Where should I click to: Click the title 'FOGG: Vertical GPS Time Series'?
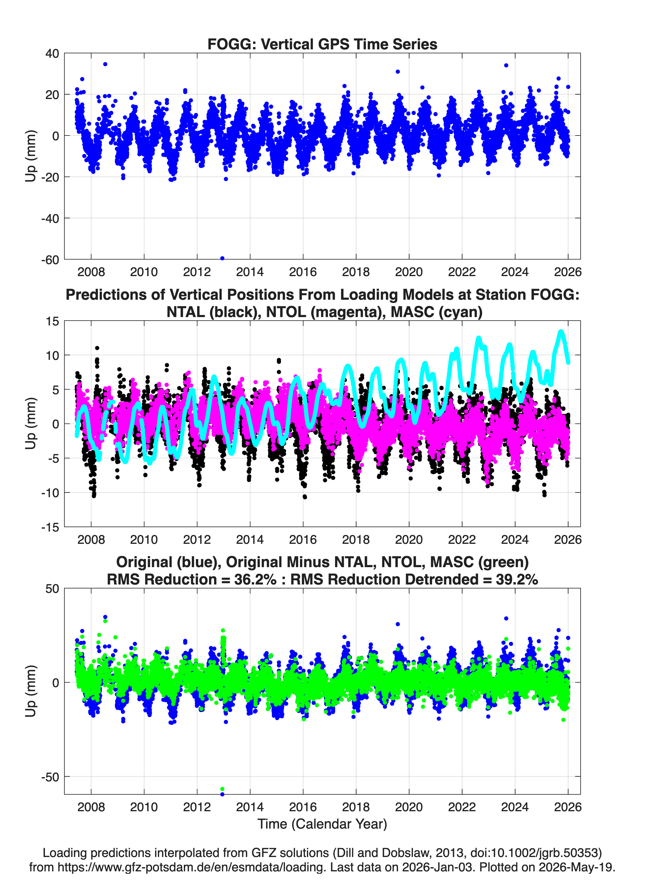click(x=322, y=44)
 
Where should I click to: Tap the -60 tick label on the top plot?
click(x=50, y=260)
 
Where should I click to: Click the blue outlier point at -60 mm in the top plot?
click(x=222, y=258)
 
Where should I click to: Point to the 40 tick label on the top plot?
click(x=52, y=54)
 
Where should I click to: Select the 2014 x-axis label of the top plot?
click(x=250, y=272)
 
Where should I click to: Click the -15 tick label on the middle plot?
click(x=50, y=527)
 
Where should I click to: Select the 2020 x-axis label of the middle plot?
click(x=409, y=539)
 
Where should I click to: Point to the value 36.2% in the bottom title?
click(x=255, y=579)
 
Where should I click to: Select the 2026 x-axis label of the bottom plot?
click(x=568, y=807)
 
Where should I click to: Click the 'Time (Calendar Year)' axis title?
click(x=322, y=824)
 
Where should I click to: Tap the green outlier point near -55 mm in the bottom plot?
click(x=222, y=789)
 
